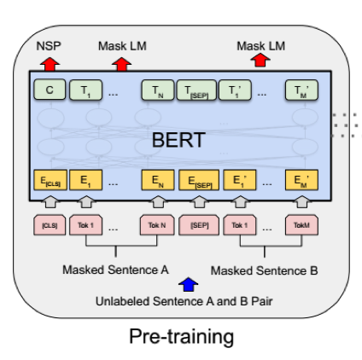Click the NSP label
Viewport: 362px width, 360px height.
pos(49,46)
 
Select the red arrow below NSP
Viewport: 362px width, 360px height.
pos(50,64)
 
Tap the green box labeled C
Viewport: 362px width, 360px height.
pos(50,90)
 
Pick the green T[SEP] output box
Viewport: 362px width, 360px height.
pos(196,90)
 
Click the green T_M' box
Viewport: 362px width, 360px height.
pos(301,90)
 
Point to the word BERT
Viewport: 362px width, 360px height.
pos(178,140)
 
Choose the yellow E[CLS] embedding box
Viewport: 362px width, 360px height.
pos(50,180)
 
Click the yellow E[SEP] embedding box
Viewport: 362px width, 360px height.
pos(199,180)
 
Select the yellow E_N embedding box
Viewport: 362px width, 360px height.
pos(158,180)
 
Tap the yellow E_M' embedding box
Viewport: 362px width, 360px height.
pos(301,180)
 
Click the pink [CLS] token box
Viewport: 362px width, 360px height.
pos(50,225)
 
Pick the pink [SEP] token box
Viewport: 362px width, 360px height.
pos(199,225)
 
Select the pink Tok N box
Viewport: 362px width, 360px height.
pos(157,225)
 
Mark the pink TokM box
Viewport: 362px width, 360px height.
pos(301,225)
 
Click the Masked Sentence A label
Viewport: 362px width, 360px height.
pos(115,270)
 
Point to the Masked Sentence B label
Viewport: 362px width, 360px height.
pos(264,270)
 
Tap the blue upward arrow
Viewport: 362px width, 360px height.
pos(188,284)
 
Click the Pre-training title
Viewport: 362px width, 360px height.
pos(182,337)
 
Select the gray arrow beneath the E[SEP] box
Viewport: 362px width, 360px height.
pos(199,202)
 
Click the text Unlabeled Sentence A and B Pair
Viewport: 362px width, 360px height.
pos(184,301)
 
